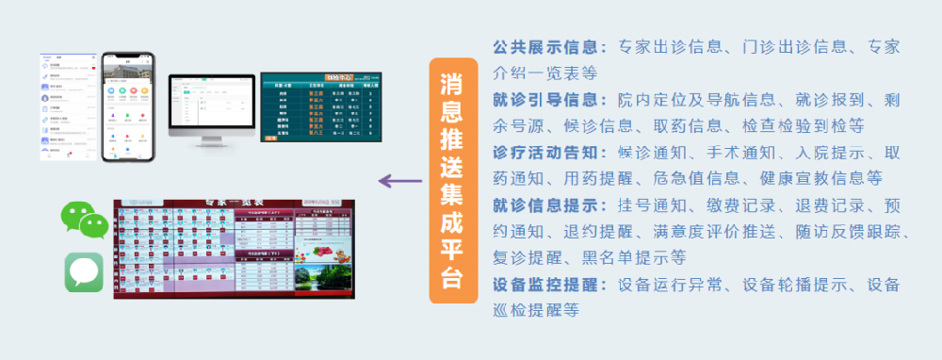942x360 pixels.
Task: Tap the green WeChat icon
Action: tap(83, 221)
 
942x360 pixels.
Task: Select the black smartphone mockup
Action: tap(128, 106)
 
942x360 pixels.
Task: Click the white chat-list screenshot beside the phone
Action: tap(69, 106)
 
